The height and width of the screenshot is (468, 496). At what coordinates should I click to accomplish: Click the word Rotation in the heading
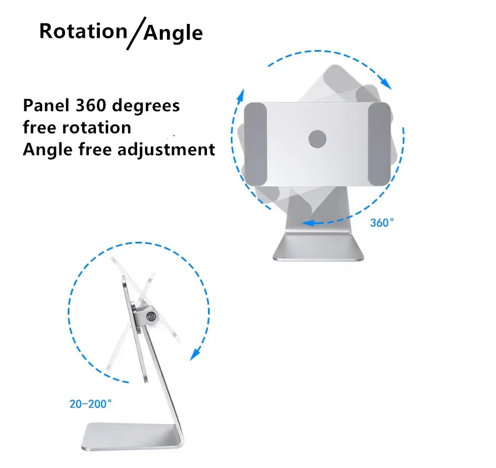pos(83,31)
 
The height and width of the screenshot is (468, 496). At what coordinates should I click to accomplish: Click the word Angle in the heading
pos(173,33)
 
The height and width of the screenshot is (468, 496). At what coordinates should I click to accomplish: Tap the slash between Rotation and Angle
pos(136,33)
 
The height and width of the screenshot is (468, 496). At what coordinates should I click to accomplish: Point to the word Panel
pos(46,105)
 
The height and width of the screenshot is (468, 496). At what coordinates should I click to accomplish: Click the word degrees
pos(146,107)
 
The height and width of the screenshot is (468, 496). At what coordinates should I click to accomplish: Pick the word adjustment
pos(166,150)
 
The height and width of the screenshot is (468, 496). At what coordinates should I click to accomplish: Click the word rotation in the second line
pos(97,128)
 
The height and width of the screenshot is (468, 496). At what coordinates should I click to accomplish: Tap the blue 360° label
pos(382,222)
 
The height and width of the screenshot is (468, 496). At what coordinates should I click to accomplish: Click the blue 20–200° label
pos(90,404)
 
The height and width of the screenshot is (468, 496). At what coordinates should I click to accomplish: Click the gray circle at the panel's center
pos(317,139)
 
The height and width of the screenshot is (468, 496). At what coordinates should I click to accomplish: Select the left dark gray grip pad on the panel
pos(255,144)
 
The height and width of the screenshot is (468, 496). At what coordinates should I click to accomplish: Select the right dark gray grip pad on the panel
pos(379,143)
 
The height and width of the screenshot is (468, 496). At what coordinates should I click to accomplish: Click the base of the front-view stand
pos(318,247)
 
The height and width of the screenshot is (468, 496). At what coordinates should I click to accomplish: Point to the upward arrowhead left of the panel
pos(241,96)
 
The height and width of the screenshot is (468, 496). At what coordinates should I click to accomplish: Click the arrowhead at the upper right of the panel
pos(386,83)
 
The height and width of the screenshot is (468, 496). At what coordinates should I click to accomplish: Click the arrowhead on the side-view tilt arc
pos(195,354)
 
